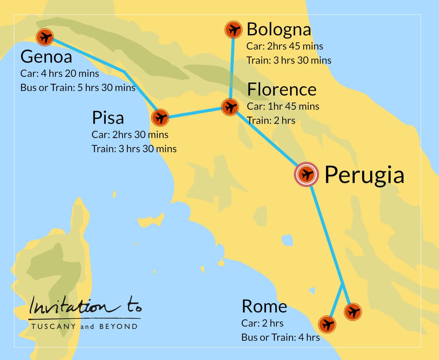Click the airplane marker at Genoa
tap(45, 37)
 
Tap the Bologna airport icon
tap(233, 30)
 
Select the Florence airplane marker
tap(230, 107)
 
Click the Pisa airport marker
tap(160, 118)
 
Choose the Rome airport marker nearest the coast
tap(327, 325)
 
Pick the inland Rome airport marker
tap(353, 312)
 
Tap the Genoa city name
tap(46, 57)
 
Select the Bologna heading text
tap(279, 30)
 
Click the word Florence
tap(282, 90)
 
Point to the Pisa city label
tap(108, 118)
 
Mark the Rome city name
tap(264, 307)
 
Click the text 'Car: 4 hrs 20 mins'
tap(60, 74)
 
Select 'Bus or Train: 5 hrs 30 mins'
tap(78, 88)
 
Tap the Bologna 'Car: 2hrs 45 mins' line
tap(285, 46)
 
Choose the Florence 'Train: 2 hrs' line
tap(271, 120)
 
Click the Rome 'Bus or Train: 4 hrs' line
tap(280, 337)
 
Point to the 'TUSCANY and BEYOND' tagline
tap(85, 326)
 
